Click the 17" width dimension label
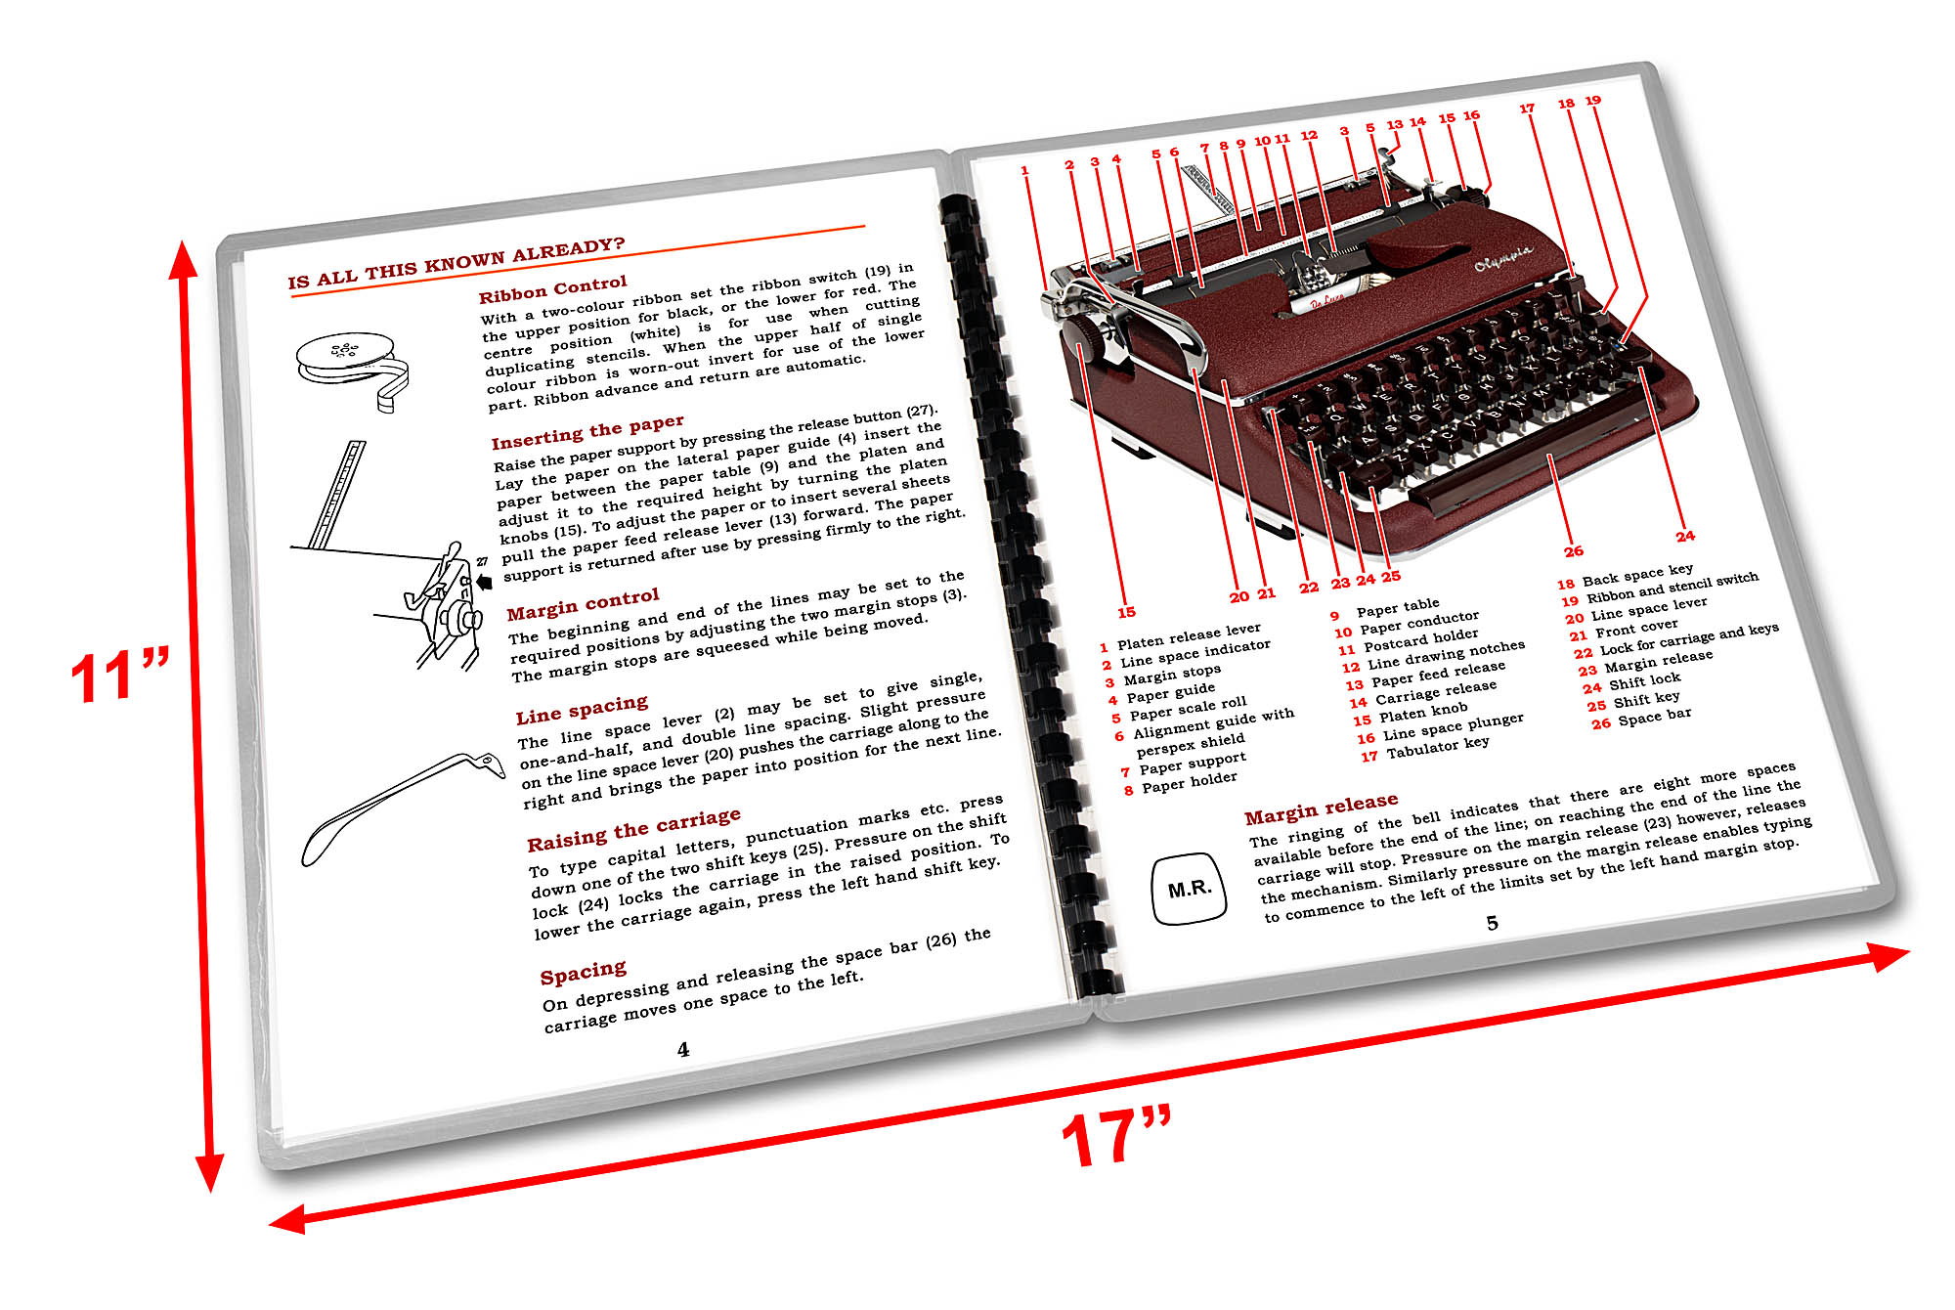click(1116, 1137)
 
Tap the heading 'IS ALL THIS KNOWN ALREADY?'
click(456, 262)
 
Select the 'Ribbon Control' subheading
click(552, 288)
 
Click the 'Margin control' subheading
click(583, 604)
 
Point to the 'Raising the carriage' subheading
click(633, 830)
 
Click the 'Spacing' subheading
click(583, 972)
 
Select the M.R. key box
click(1189, 889)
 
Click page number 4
click(683, 1049)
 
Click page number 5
click(1492, 922)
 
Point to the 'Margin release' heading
click(1321, 808)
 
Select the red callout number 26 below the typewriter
click(1573, 550)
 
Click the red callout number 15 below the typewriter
click(1126, 612)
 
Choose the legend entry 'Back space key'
click(1637, 575)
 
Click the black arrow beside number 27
click(483, 582)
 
